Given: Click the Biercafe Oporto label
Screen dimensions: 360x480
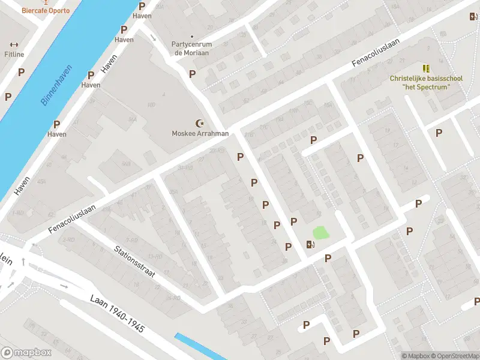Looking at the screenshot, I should pyautogui.click(x=46, y=10).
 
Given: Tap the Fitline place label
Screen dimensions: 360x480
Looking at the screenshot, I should pyautogui.click(x=14, y=55).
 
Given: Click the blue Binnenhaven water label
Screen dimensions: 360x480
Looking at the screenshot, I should pyautogui.click(x=56, y=85).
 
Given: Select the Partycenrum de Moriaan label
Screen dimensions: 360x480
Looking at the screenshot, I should pyautogui.click(x=191, y=48).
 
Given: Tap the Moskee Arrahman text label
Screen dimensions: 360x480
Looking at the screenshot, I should pyautogui.click(x=200, y=133).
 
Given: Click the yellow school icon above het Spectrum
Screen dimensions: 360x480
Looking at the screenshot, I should pyautogui.click(x=426, y=68).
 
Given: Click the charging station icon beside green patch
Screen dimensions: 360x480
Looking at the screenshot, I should pyautogui.click(x=310, y=244).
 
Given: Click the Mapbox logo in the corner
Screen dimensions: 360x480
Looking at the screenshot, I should pyautogui.click(x=26, y=352).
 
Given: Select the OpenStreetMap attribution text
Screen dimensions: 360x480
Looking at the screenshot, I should pyautogui.click(x=453, y=356).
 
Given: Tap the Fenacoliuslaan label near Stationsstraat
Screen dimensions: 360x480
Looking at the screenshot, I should pyautogui.click(x=72, y=220).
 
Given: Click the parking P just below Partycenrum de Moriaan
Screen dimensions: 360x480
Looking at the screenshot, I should pyautogui.click(x=193, y=74).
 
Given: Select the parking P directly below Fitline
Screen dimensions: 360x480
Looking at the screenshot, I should pyautogui.click(x=22, y=72).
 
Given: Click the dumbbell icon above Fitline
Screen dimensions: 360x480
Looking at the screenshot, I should pyautogui.click(x=14, y=44).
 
